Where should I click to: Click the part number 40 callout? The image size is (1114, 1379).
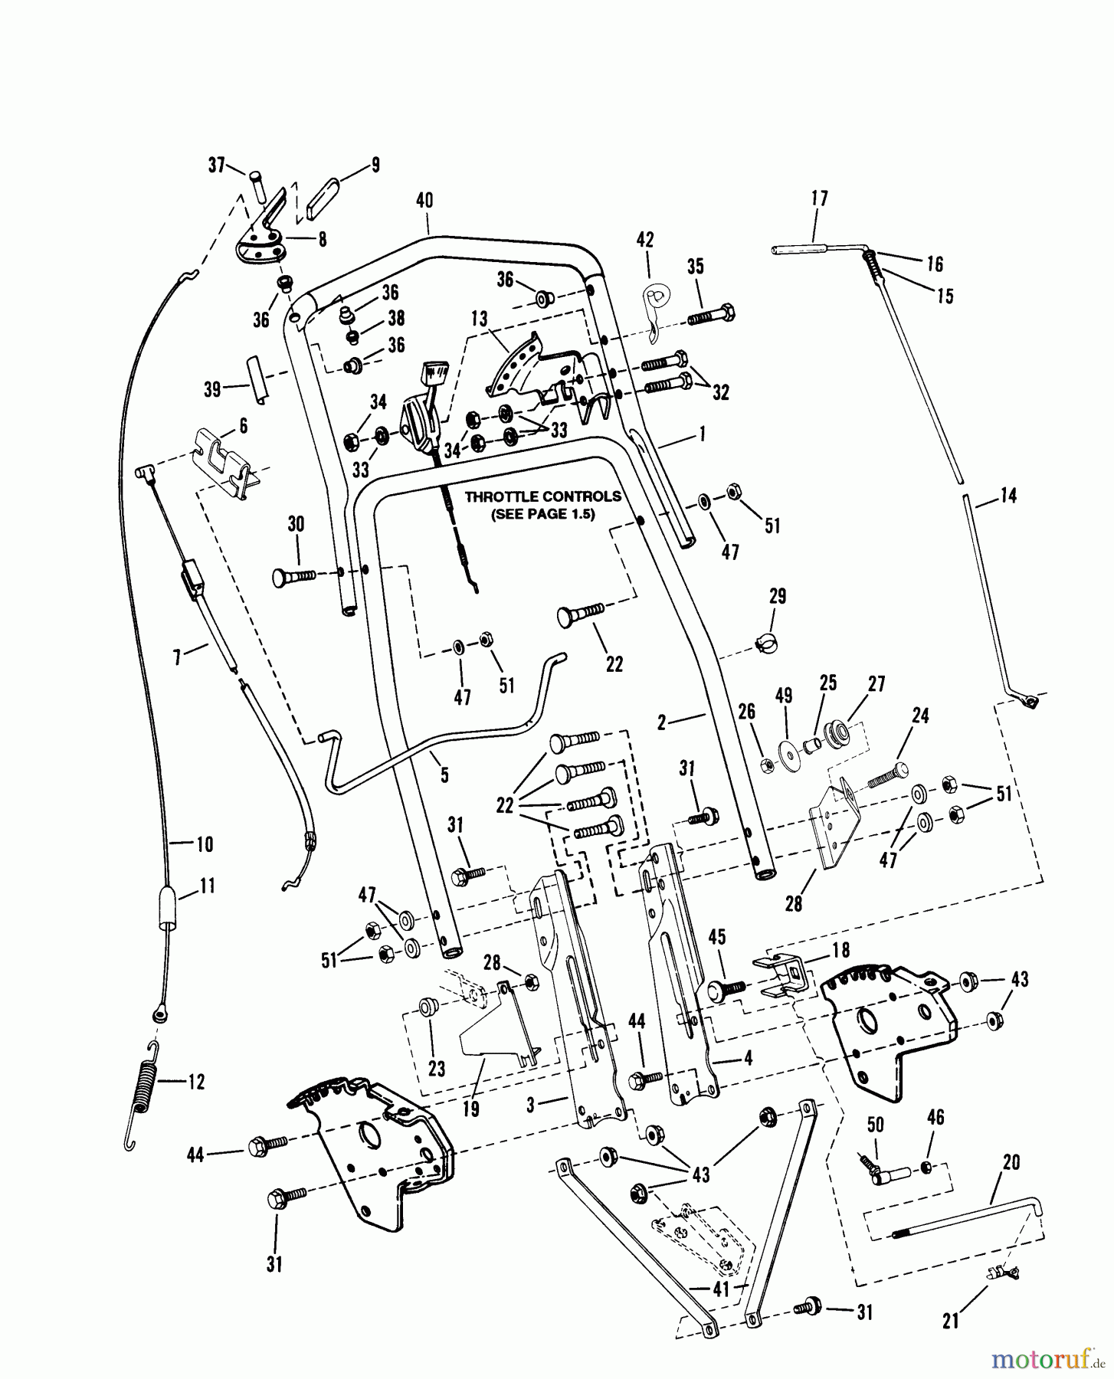tap(424, 201)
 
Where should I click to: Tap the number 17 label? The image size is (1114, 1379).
tap(819, 199)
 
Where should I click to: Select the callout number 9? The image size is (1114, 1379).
tap(375, 164)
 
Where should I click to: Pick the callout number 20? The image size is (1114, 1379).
tap(1011, 1162)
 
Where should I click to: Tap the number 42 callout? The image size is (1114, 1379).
tap(645, 241)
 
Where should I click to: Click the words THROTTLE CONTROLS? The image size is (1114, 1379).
tap(543, 496)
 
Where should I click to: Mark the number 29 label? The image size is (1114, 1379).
tap(778, 596)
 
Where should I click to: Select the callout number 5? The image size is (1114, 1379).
tap(444, 775)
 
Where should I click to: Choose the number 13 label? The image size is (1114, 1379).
tap(479, 319)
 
